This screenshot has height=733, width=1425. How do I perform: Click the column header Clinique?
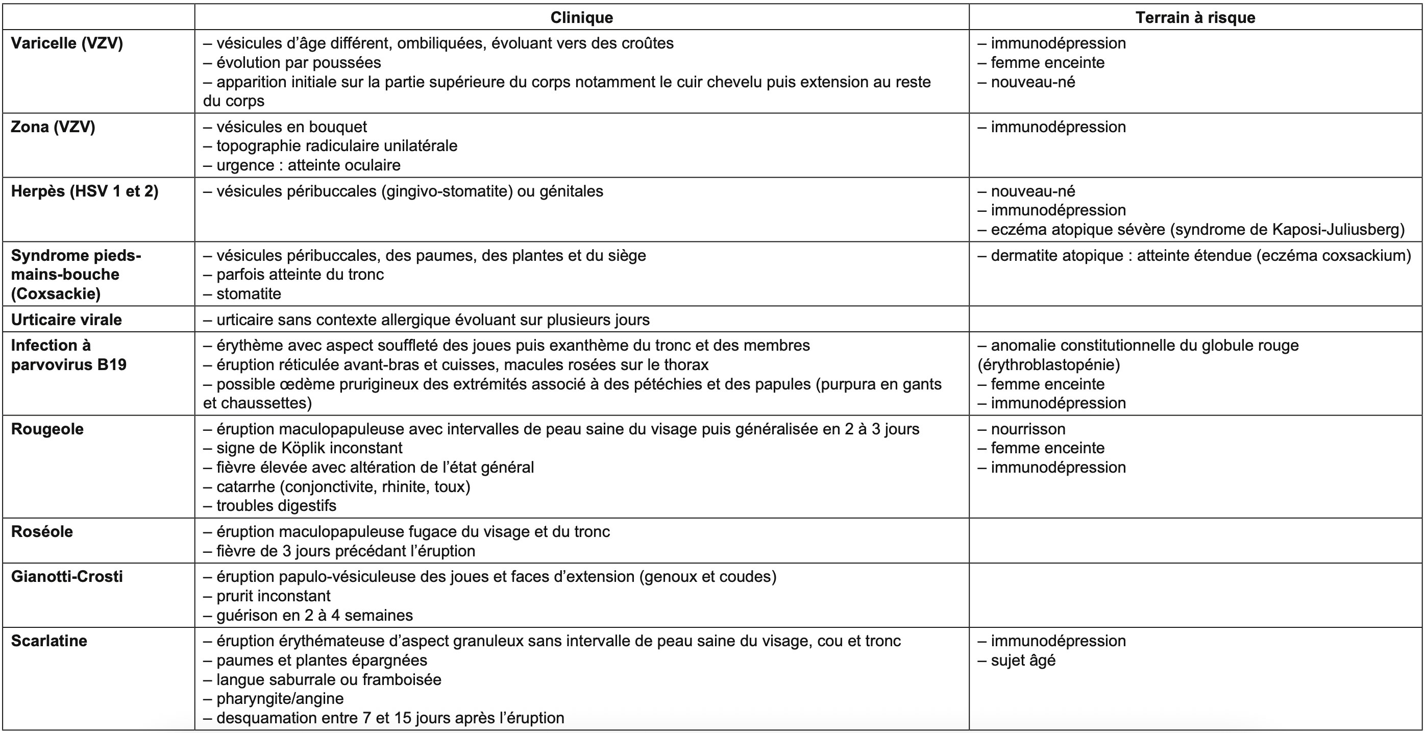(581, 18)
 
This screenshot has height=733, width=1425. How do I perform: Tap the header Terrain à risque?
(1195, 18)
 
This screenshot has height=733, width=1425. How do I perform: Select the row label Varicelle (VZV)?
(67, 43)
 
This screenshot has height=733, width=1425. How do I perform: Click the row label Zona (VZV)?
(53, 127)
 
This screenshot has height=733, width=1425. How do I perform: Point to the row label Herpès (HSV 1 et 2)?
(85, 191)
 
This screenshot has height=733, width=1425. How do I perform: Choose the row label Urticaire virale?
(66, 320)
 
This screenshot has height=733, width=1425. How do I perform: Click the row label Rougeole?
(47, 429)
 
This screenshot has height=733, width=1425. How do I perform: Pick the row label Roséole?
(42, 532)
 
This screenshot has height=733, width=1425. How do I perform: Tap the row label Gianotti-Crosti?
(67, 576)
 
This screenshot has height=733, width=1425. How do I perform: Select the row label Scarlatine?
(49, 641)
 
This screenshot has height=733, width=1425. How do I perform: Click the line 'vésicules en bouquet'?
(285, 127)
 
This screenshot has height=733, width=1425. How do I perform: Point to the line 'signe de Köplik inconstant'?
(303, 448)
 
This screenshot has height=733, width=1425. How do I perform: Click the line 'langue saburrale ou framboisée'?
(323, 679)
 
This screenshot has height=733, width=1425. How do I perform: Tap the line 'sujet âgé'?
(1017, 660)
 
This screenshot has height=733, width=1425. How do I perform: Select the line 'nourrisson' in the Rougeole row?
(1022, 429)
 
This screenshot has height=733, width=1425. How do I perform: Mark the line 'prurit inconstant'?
(267, 596)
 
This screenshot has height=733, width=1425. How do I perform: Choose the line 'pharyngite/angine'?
(274, 699)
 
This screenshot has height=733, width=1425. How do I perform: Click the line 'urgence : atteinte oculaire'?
(302, 165)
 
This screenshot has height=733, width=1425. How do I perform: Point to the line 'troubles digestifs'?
(270, 506)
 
